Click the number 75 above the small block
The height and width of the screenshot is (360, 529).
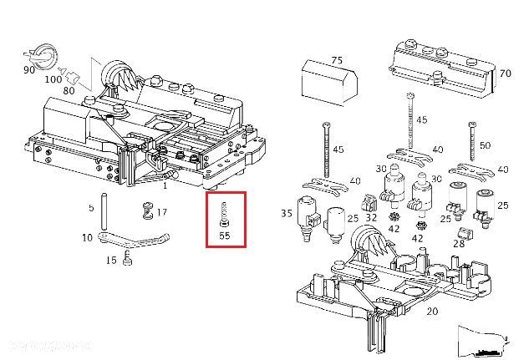[337, 60]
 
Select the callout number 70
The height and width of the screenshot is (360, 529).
[505, 73]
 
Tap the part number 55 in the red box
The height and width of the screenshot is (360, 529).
[224, 236]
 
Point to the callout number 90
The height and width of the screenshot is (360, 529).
[28, 71]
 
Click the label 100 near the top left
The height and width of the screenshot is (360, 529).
[53, 79]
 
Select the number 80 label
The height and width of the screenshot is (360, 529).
[69, 91]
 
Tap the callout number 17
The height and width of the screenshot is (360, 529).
[161, 212]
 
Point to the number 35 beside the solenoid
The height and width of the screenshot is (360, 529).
[287, 213]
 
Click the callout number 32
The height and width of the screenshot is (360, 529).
[371, 217]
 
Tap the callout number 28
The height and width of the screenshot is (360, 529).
[458, 243]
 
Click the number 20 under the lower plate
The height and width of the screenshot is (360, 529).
[431, 312]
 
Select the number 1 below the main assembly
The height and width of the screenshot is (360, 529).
[165, 185]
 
